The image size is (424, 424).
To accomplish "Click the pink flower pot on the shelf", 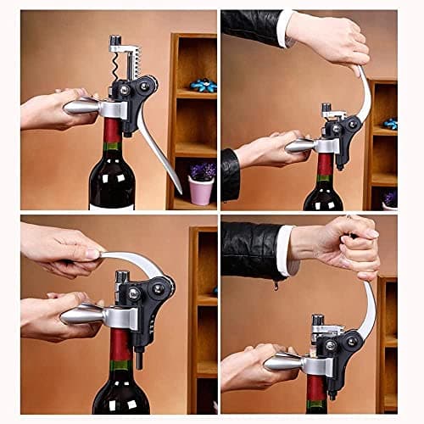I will pos(201,190).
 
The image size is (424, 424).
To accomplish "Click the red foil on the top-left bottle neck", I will pos(112,130).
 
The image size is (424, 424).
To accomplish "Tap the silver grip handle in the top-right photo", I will pos(304,146).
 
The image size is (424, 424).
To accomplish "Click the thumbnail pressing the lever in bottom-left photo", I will pos(93,254).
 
